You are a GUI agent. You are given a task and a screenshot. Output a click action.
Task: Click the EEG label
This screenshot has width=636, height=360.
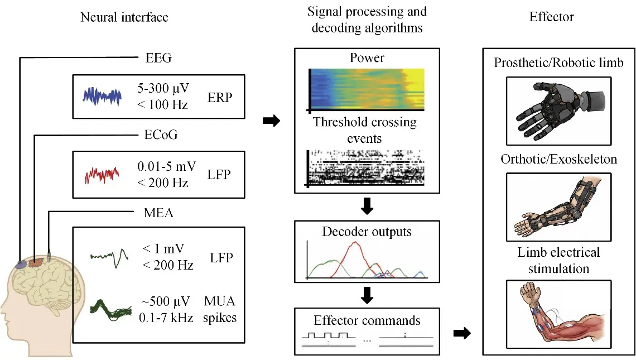click(x=158, y=58)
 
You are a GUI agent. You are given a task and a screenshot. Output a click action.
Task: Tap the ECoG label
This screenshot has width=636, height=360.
click(x=161, y=135)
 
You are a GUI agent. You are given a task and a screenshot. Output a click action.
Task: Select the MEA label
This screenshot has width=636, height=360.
click(x=158, y=213)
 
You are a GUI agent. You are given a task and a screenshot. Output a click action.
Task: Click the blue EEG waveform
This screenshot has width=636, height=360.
click(x=102, y=97)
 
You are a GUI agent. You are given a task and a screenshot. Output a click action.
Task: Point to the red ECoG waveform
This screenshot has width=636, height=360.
click(x=102, y=175)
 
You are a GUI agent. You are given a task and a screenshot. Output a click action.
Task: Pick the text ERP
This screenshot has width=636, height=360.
click(x=220, y=98)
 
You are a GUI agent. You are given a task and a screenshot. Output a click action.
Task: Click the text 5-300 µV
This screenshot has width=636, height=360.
click(x=163, y=88)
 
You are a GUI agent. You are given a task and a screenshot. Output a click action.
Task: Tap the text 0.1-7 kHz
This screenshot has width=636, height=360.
click(x=166, y=318)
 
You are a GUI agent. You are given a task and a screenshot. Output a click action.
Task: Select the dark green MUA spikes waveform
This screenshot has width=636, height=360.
click(x=110, y=310)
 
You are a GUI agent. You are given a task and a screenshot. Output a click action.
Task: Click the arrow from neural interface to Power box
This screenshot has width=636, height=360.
click(x=271, y=121)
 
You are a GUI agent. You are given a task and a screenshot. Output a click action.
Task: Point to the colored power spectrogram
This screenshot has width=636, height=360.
click(x=367, y=89)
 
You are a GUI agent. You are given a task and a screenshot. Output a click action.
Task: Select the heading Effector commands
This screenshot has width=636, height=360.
click(x=367, y=320)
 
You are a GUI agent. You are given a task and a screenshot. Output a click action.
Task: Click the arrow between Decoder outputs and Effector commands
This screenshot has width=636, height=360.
click(x=367, y=295)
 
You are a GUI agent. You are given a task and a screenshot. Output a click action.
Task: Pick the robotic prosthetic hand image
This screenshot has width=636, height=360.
click(x=559, y=111)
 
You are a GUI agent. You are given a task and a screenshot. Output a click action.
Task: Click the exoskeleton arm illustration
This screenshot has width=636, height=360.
click(x=559, y=207)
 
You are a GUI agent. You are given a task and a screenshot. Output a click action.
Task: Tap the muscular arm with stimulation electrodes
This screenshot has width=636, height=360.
click(x=559, y=314)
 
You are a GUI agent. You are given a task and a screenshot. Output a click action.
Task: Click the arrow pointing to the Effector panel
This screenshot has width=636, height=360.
click(x=462, y=333)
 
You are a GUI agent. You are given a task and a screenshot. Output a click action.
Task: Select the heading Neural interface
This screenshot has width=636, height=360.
click(x=124, y=17)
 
